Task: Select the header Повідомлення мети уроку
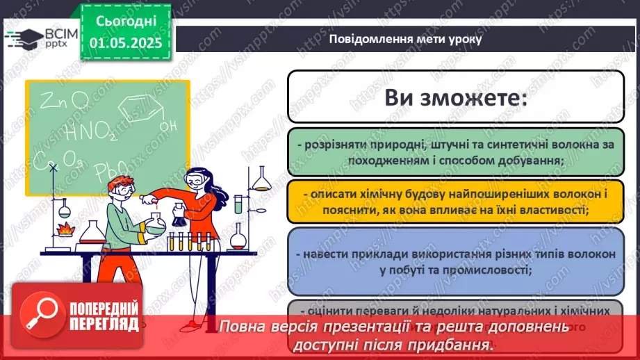coord(405,39)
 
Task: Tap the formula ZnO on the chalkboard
coord(63,101)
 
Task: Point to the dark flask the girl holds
coord(179,216)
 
